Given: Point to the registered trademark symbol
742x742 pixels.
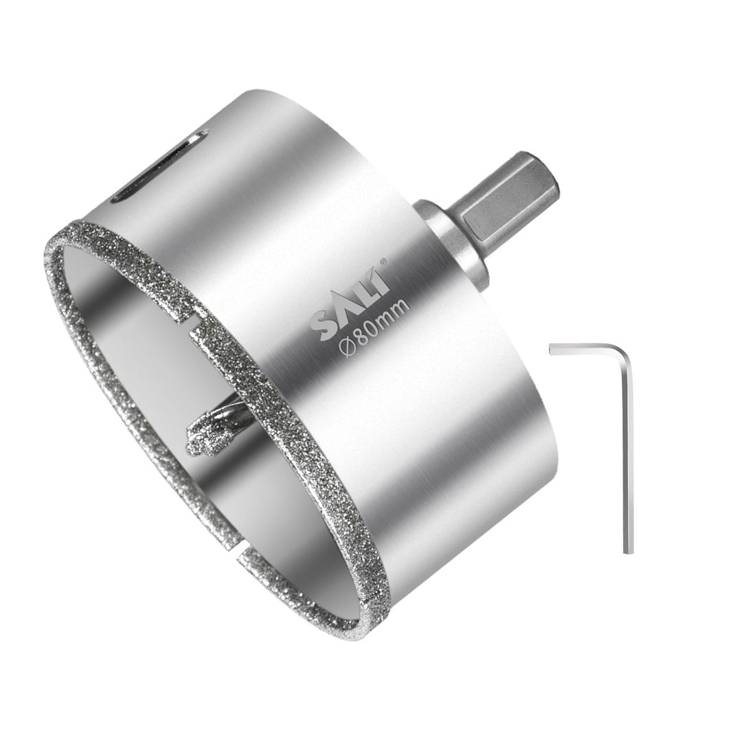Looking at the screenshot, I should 383,260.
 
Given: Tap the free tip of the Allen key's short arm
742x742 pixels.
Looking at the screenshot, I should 553,351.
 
